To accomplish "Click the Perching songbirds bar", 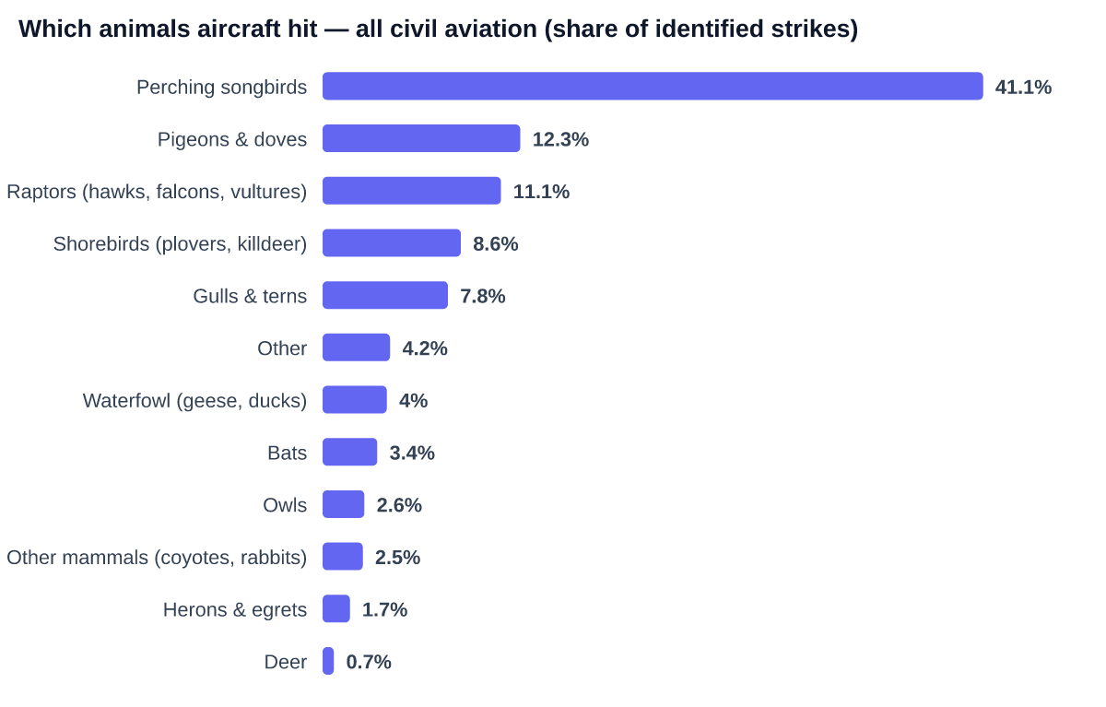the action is coord(653,87).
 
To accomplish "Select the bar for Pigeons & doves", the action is coord(421,138).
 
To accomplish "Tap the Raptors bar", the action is coord(412,191).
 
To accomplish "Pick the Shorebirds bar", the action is coord(392,243).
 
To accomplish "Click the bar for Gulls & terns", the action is coord(385,295).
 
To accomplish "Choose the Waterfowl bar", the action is coord(355,400).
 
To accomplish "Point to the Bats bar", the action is coord(349,452).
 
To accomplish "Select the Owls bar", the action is coord(343,504).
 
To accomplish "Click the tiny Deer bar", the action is coord(328,661).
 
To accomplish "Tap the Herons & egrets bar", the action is coord(336,608).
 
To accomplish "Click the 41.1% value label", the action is coord(1023,88).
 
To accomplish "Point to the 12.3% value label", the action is coord(560,140).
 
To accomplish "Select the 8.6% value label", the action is coord(495,244).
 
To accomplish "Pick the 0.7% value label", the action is coord(369,662).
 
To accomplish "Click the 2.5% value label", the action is coord(397,558).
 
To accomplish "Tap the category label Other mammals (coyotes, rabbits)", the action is coord(157,558).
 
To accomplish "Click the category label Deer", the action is coord(286,662).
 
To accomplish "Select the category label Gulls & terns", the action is coord(250,296).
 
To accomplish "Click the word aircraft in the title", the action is coord(257,29).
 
